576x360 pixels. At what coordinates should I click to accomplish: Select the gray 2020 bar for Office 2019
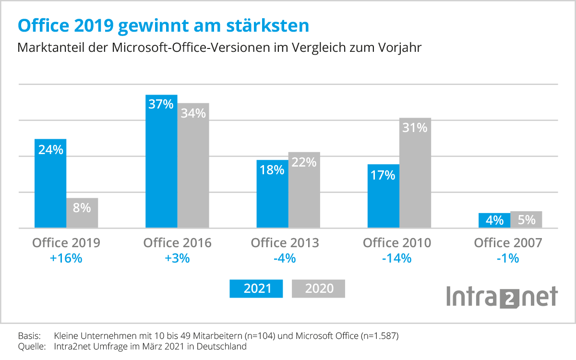(82, 213)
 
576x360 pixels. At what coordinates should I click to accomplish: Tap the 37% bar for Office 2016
(161, 163)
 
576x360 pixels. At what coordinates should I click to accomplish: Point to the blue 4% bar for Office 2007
(494, 220)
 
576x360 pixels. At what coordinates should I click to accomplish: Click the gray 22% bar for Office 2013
(304, 192)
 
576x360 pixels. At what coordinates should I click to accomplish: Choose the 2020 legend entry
(319, 288)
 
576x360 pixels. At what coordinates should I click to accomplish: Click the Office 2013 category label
(285, 243)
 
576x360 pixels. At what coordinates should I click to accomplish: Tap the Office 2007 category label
(508, 243)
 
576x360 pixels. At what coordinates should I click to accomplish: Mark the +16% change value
(66, 258)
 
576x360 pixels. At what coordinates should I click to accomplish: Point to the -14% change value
(397, 258)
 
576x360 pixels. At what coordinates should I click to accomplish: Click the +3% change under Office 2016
(177, 258)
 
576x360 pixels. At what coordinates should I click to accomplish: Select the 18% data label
(273, 170)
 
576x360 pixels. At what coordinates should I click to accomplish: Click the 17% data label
(383, 175)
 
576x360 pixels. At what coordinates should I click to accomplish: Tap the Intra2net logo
(502, 297)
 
